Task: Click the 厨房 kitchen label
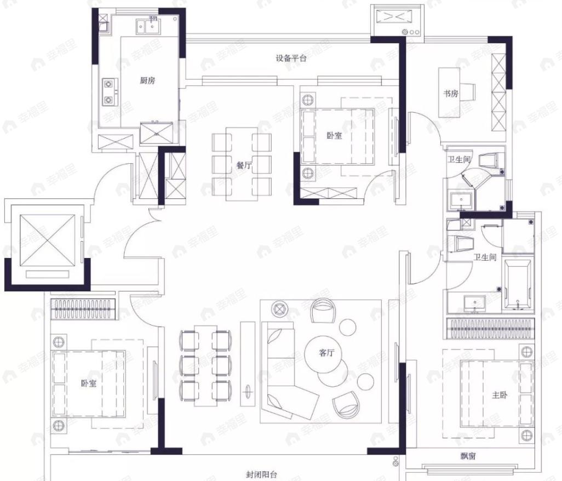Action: [147, 81]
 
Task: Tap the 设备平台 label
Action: [291, 58]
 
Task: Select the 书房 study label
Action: [451, 94]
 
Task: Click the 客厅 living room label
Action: [326, 353]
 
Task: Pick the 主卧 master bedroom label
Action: [500, 395]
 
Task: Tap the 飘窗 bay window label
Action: [468, 456]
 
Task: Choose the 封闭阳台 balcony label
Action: [261, 475]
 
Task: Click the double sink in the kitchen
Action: [148, 26]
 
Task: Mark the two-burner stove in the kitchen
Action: [108, 92]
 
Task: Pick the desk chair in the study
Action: [468, 91]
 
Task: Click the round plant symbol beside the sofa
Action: [279, 308]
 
